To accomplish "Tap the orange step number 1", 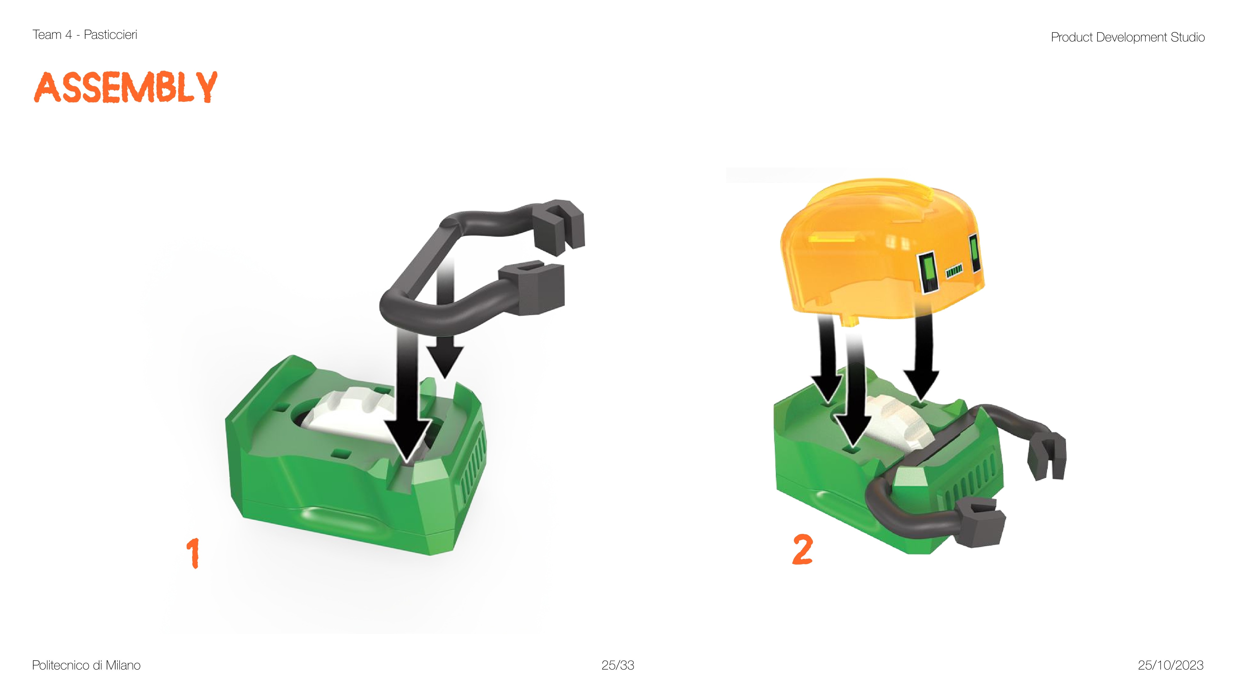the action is (193, 553).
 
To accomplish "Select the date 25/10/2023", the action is (1171, 665).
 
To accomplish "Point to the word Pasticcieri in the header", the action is (110, 34).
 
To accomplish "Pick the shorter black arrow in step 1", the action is (445, 317).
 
